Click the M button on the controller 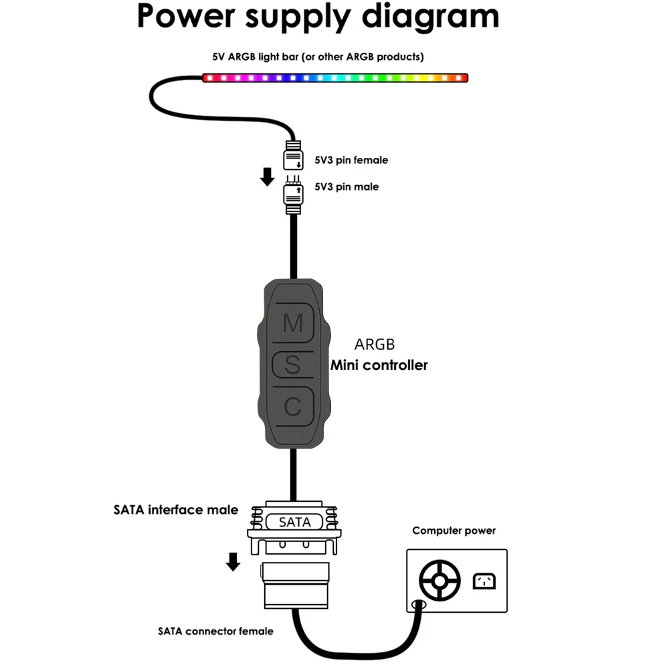point(293,324)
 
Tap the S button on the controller point(293,365)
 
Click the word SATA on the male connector point(295,522)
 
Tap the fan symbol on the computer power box point(439,580)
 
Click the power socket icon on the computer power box point(484,581)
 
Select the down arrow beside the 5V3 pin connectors point(267,177)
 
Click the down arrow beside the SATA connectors point(233,561)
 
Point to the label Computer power point(454,531)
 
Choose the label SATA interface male point(175,510)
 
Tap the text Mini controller point(379,365)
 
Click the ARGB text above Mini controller point(374,345)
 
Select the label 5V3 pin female point(351,161)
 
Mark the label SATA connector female point(215,631)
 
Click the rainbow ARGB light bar point(334,78)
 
